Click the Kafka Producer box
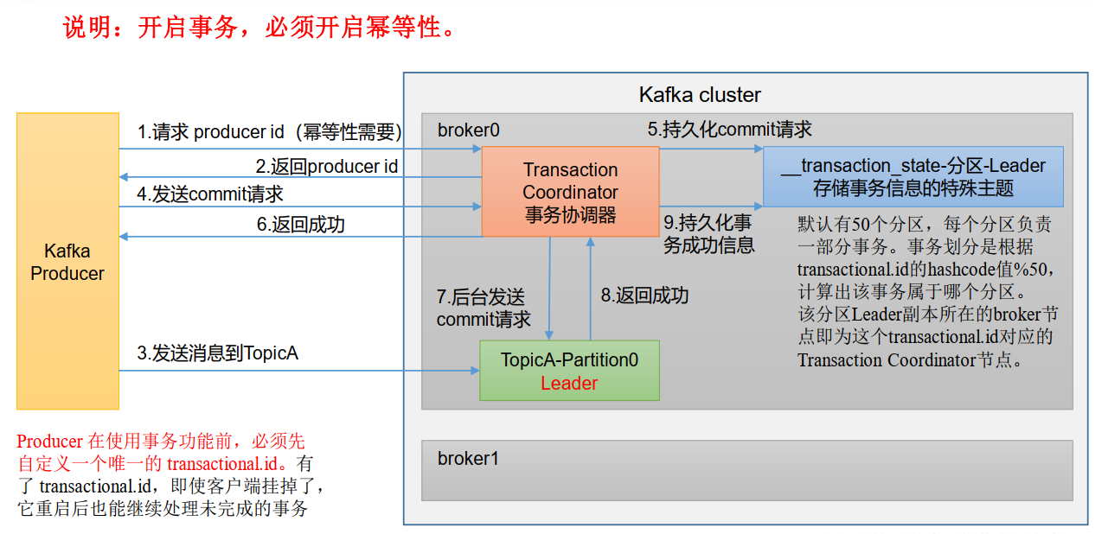(67, 261)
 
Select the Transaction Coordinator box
(570, 192)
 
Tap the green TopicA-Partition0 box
(569, 370)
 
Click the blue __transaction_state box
(913, 176)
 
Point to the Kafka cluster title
(700, 95)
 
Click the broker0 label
(468, 130)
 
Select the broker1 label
(468, 458)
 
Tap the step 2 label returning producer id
(326, 166)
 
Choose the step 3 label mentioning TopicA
(217, 353)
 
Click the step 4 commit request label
(210, 194)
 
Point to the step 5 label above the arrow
(729, 130)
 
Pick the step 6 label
(300, 225)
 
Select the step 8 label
(644, 296)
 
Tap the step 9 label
(708, 233)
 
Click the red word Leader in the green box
(569, 384)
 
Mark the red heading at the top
(259, 28)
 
